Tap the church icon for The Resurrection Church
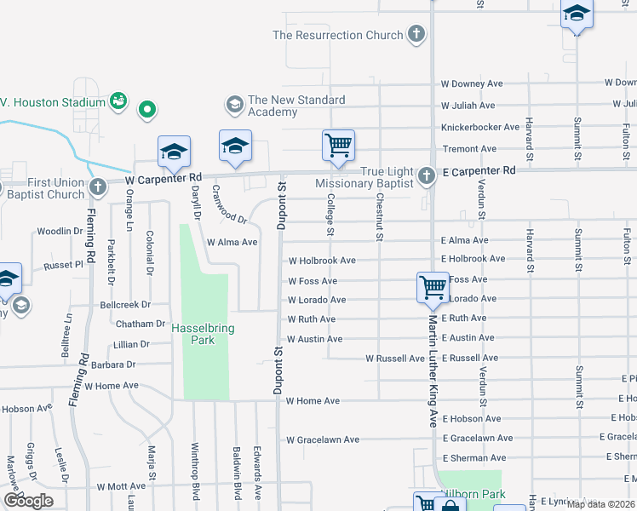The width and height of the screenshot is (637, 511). (416, 35)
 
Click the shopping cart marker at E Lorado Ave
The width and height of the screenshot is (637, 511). (433, 288)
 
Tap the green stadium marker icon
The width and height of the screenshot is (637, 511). (147, 109)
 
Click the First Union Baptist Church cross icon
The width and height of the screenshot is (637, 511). (98, 186)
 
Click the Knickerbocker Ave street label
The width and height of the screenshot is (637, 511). (479, 128)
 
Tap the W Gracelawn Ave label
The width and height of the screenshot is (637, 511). (323, 440)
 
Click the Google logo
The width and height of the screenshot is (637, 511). (28, 501)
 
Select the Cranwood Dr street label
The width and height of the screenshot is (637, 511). (228, 205)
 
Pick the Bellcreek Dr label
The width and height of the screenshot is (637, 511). (125, 304)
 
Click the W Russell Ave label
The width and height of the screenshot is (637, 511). (394, 359)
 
